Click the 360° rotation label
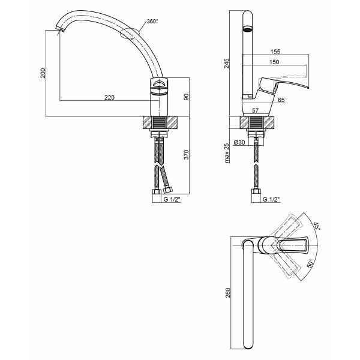152,22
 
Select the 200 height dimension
43,73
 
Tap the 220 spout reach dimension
110,97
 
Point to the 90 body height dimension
186,97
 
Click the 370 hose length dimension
186,155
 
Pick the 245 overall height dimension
227,64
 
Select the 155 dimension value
275,52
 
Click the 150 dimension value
274,62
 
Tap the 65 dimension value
281,100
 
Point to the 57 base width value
256,110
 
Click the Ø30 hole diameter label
239,142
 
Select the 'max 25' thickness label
227,153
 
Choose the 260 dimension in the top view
227,293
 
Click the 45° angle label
317,226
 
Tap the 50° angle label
310,263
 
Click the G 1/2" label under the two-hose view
172,199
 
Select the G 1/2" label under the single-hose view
271,199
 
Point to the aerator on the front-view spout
247,29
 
